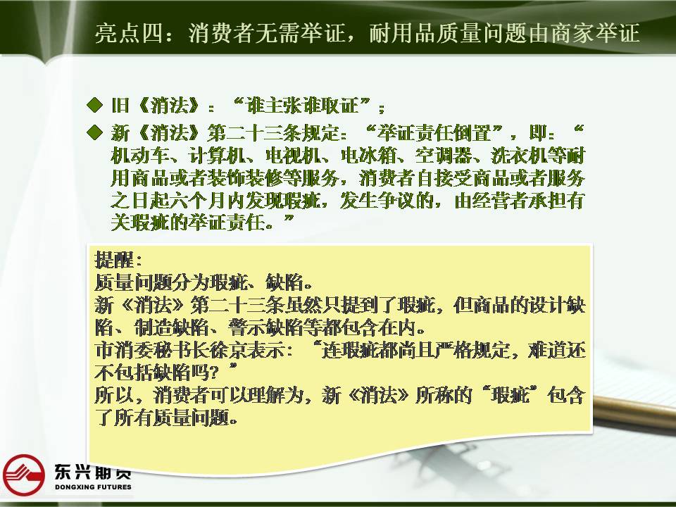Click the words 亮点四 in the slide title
point(128,33)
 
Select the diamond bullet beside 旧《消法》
point(94,105)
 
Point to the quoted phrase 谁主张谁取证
point(302,106)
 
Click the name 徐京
point(235,350)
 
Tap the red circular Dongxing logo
point(24,475)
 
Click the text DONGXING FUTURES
point(93,487)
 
